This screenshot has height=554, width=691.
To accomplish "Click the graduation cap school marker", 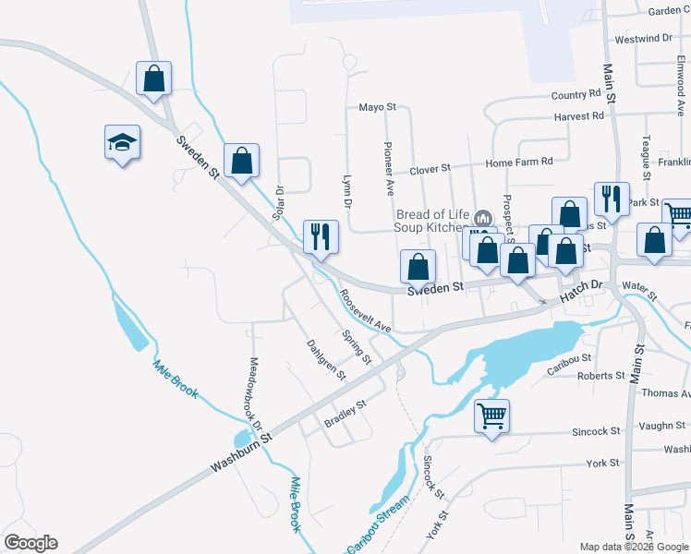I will click(122, 143).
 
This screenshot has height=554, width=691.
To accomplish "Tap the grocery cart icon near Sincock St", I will click(492, 415).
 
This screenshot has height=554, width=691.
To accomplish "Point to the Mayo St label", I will click(377, 107).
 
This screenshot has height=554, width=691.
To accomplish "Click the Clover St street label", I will click(429, 169).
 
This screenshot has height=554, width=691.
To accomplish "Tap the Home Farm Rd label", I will click(518, 162).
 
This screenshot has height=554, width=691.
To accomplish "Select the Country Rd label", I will click(576, 95).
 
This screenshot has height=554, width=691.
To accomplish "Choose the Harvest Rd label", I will click(579, 116).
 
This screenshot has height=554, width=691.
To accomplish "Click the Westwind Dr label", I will click(643, 39).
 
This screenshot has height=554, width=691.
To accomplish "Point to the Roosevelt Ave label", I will click(364, 311).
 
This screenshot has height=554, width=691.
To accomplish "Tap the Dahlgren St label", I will click(325, 360).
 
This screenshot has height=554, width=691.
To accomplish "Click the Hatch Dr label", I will click(582, 290).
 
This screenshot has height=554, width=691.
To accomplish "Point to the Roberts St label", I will click(600, 376).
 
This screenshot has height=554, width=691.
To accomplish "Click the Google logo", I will click(30, 543).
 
